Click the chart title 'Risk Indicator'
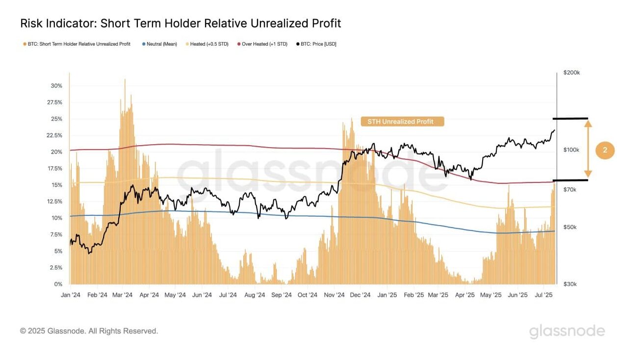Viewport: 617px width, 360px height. click(180, 23)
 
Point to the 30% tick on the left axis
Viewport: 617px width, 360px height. click(56, 86)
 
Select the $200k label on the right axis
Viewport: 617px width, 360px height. click(572, 73)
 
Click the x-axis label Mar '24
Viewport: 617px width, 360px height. click(122, 295)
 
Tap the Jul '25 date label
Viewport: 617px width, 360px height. click(542, 295)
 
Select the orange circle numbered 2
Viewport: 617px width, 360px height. click(605, 151)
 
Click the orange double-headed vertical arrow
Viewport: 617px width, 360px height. click(588, 150)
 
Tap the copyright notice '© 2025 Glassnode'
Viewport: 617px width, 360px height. click(89, 331)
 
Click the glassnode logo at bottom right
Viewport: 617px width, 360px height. click(567, 331)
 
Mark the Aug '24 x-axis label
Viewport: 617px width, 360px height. click(255, 295)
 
